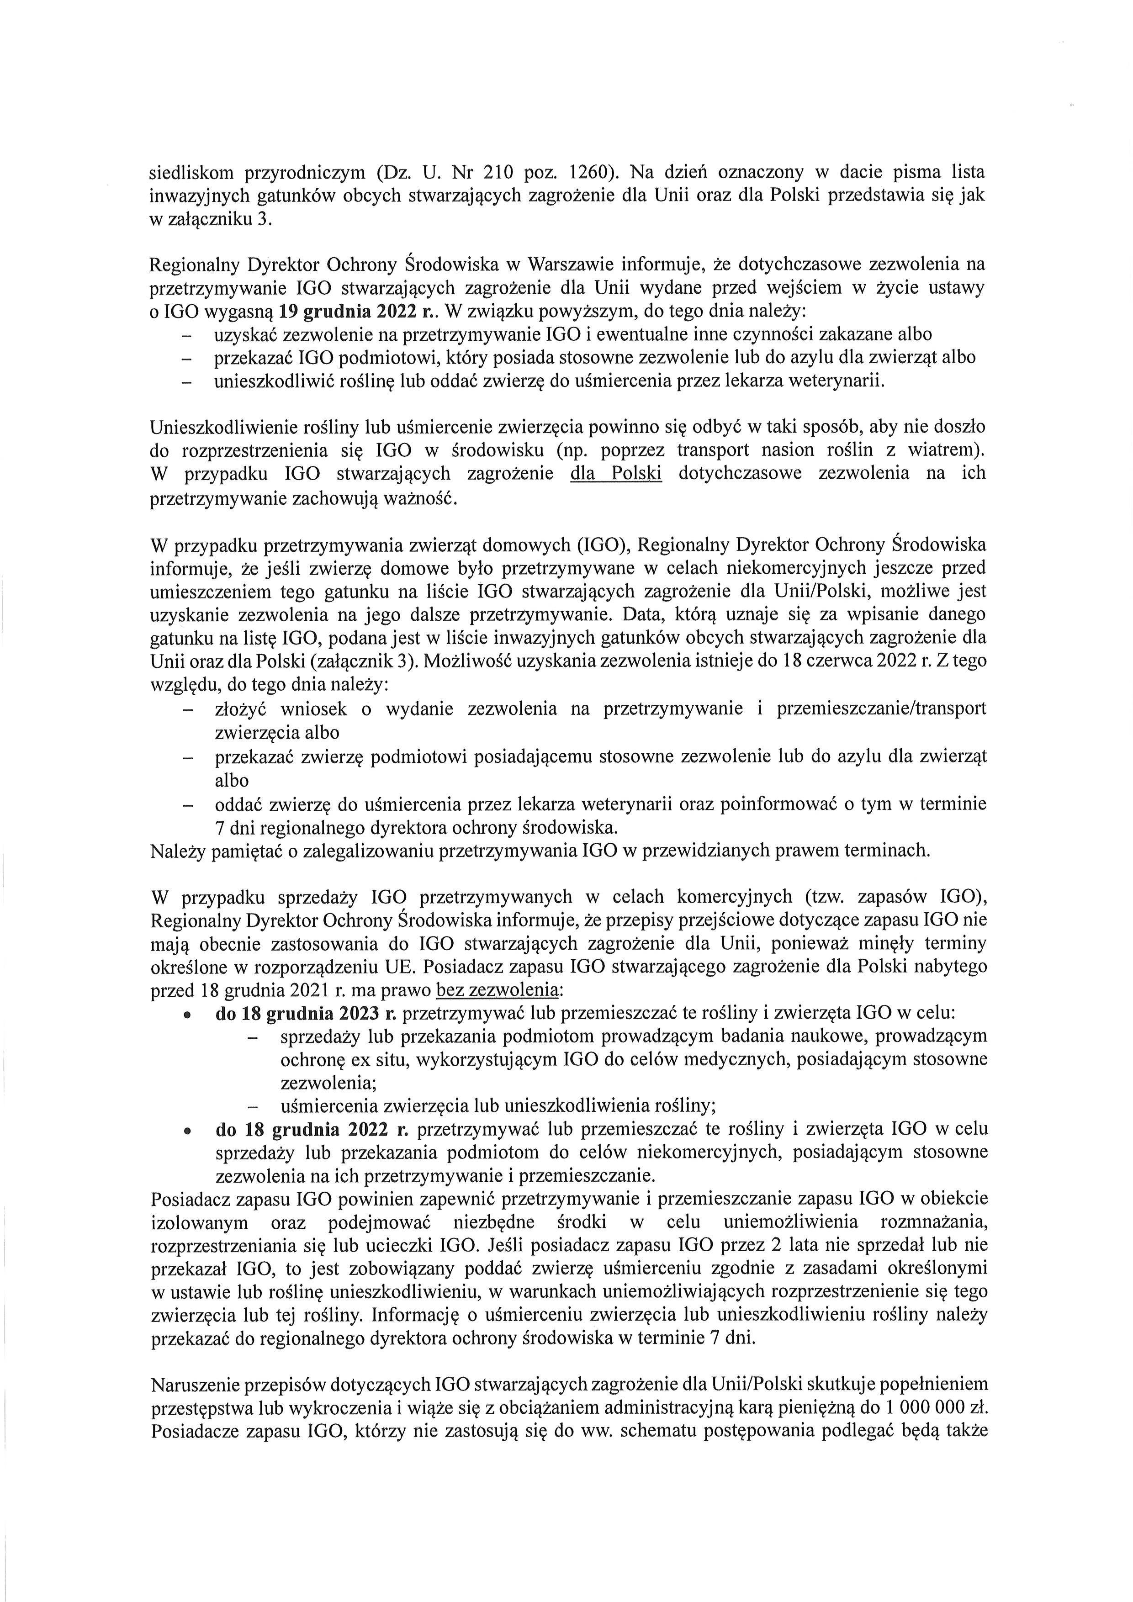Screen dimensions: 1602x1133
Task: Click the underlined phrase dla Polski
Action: (x=615, y=473)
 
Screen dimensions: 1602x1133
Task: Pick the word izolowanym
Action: (x=200, y=1222)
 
